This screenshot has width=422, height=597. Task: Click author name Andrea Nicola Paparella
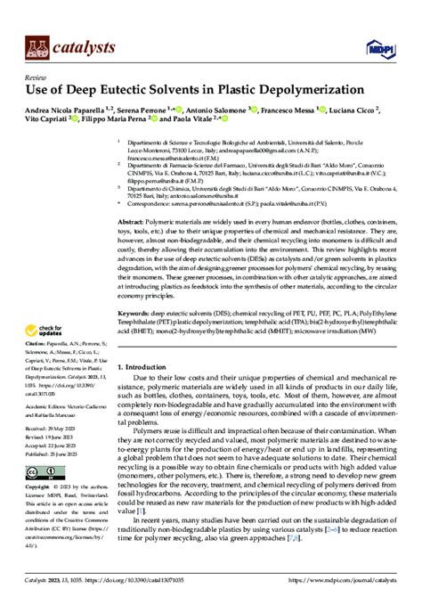69,110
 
